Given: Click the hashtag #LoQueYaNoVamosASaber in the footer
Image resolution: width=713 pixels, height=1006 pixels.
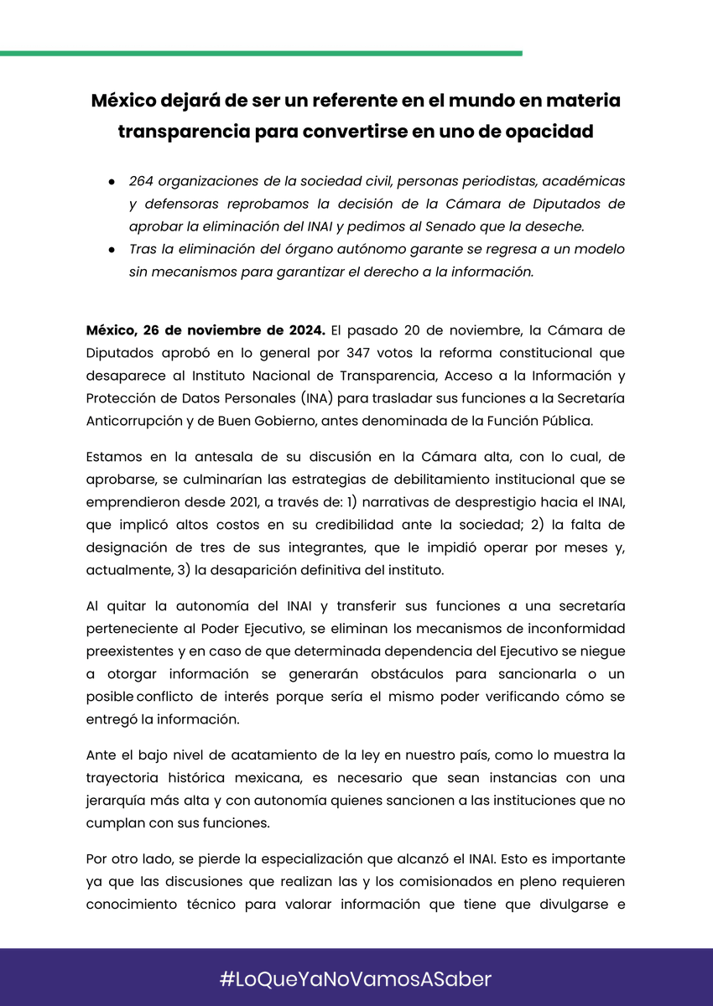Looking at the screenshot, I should pyautogui.click(x=356, y=978).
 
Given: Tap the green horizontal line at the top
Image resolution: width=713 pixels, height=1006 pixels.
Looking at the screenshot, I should pyautogui.click(x=260, y=53).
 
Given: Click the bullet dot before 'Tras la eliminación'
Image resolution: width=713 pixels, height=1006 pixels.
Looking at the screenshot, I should pyautogui.click(x=111, y=250).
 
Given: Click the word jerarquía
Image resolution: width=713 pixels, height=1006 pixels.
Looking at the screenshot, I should pyautogui.click(x=117, y=801).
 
